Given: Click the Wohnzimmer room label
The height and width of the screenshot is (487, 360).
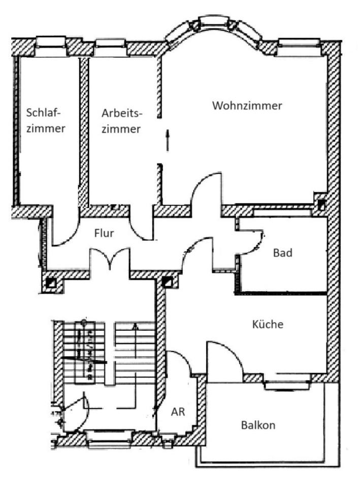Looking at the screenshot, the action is coord(247,106).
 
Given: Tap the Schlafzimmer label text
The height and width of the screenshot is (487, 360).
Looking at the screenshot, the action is coord(47,120).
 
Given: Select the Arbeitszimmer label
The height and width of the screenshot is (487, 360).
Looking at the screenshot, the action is coord(122,120).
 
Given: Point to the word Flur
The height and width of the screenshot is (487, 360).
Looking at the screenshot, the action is coord(104,233).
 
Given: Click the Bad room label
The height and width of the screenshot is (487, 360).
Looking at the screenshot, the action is coord(282,253).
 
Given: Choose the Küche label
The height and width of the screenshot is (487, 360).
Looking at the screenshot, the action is coord(267,324).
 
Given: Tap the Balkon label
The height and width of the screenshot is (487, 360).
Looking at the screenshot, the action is coord(258,425).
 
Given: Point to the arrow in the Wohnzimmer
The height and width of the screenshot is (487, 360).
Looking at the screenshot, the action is coord(167,139).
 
